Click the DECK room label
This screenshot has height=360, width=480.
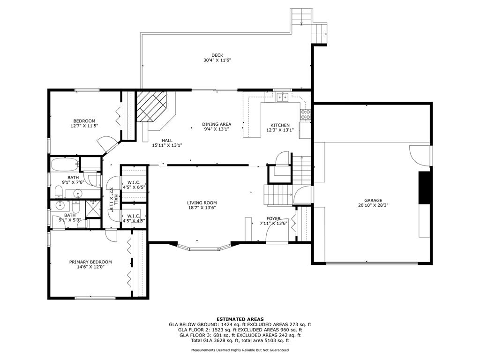(217, 55)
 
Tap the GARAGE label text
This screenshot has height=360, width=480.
(373, 201)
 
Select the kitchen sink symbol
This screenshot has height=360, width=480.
(282, 97)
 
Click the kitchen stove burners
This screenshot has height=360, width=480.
(305, 114)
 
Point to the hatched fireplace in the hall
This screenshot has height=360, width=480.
(151, 106)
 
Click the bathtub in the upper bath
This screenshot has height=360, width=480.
(65, 165)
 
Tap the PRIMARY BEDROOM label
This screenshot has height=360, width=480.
(90, 262)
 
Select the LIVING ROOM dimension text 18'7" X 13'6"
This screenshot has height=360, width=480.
(202, 208)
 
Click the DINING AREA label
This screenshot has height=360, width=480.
(217, 124)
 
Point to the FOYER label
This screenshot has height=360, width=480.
(273, 218)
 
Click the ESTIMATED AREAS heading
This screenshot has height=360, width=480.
(240, 319)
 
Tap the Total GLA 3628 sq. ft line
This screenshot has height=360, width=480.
(240, 340)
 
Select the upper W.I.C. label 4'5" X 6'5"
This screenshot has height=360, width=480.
(134, 187)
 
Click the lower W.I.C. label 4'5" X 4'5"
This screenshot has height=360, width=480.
(134, 220)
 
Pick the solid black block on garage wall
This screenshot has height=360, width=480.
(424, 187)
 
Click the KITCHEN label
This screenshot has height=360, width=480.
(280, 125)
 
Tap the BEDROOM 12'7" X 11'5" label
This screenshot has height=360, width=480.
(84, 123)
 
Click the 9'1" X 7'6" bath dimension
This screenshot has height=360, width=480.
(73, 182)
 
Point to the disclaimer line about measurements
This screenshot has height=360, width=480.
(240, 350)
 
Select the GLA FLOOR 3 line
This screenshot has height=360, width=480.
(240, 335)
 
